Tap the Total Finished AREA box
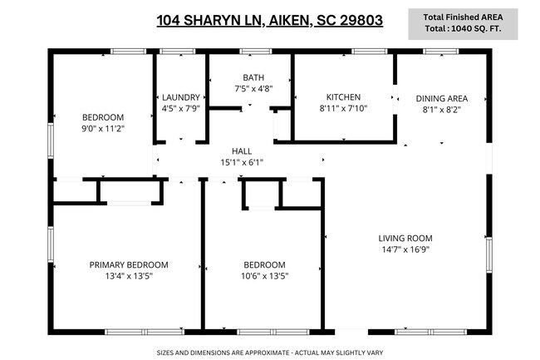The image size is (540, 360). coord(463,22)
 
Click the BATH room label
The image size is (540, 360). coord(253,77)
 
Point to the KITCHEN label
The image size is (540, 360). coord(342,96)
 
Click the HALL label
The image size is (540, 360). coord(242,150)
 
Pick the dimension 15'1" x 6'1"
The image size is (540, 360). coord(242,162)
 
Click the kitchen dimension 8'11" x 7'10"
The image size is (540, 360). coord(342,108)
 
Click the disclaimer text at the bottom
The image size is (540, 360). coord(270,352)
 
